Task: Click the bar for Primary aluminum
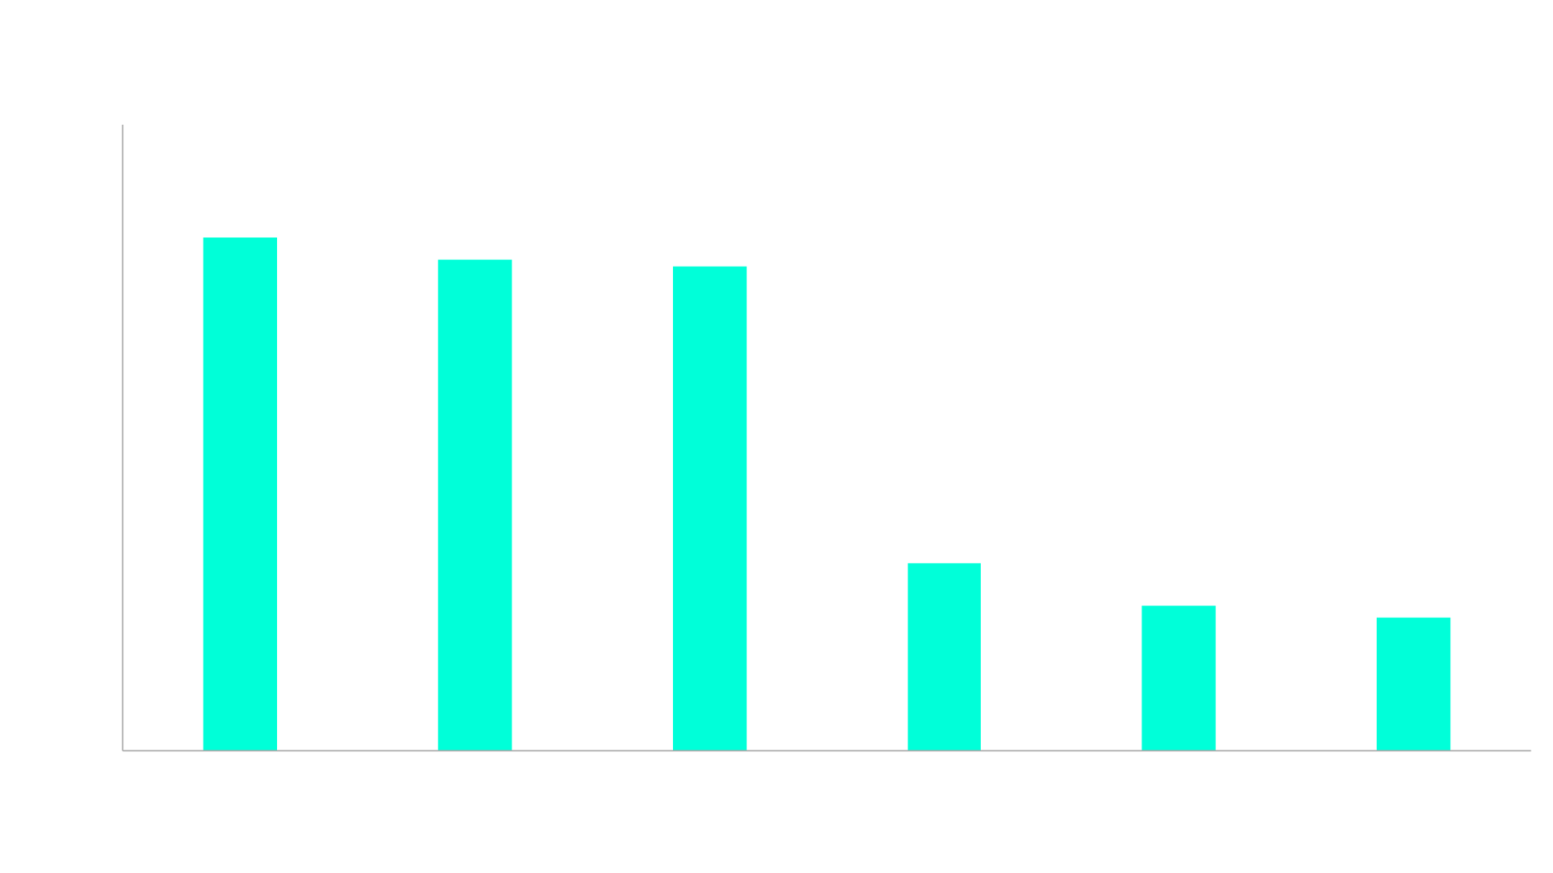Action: click(x=240, y=493)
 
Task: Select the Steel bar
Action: click(x=475, y=504)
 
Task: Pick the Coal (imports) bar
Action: click(x=944, y=656)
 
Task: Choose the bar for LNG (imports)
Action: click(x=1179, y=676)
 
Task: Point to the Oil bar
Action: click(x=1413, y=682)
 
